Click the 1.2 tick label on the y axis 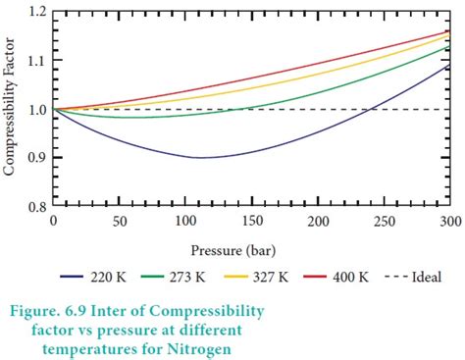coord(36,12)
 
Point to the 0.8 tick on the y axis coord(36,207)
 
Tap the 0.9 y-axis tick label coord(36,158)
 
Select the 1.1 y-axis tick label coord(36,61)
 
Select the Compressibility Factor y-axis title coord(11,108)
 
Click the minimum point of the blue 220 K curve coord(201,157)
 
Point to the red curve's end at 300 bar coord(450,31)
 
